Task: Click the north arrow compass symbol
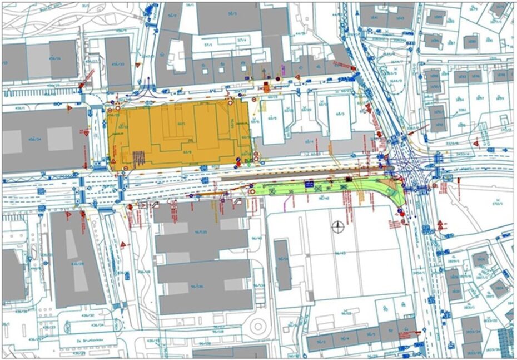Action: click(x=337, y=226)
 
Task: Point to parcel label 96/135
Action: click(x=201, y=231)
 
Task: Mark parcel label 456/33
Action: click(x=118, y=64)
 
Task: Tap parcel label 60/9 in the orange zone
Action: click(x=187, y=151)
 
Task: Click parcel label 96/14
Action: click(x=282, y=259)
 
